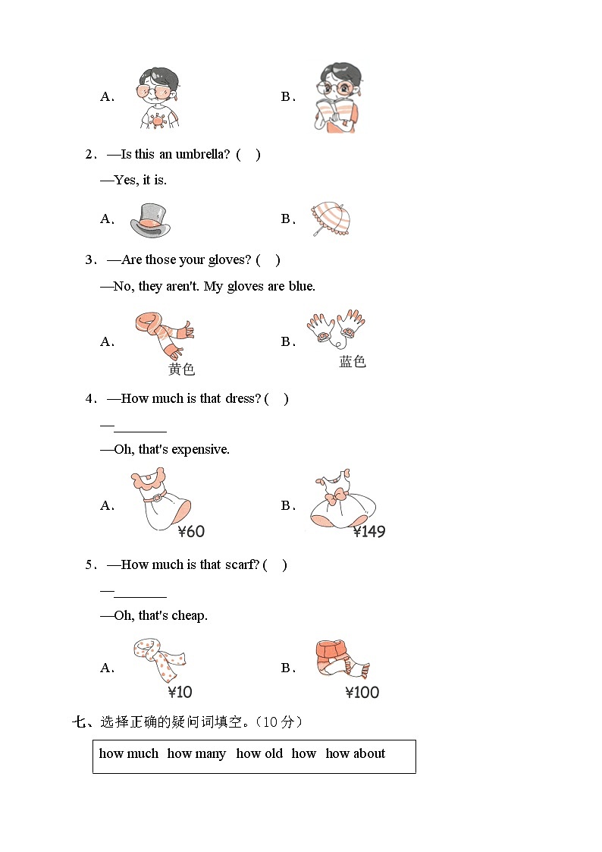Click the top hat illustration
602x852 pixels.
click(x=150, y=220)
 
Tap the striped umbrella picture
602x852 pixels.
click(x=331, y=219)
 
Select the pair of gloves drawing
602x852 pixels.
click(x=336, y=329)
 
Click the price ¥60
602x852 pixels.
click(x=192, y=532)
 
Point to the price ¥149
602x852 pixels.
click(x=369, y=532)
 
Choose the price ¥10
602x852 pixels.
click(x=180, y=692)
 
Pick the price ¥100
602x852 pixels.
click(x=362, y=692)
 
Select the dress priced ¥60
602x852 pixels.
click(x=161, y=500)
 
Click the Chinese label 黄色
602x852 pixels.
click(x=182, y=369)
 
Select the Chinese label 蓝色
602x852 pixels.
click(x=353, y=362)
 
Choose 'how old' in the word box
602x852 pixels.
click(x=259, y=753)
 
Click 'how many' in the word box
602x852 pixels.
click(x=196, y=753)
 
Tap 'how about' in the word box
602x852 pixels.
click(x=355, y=753)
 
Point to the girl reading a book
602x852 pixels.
click(x=337, y=99)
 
